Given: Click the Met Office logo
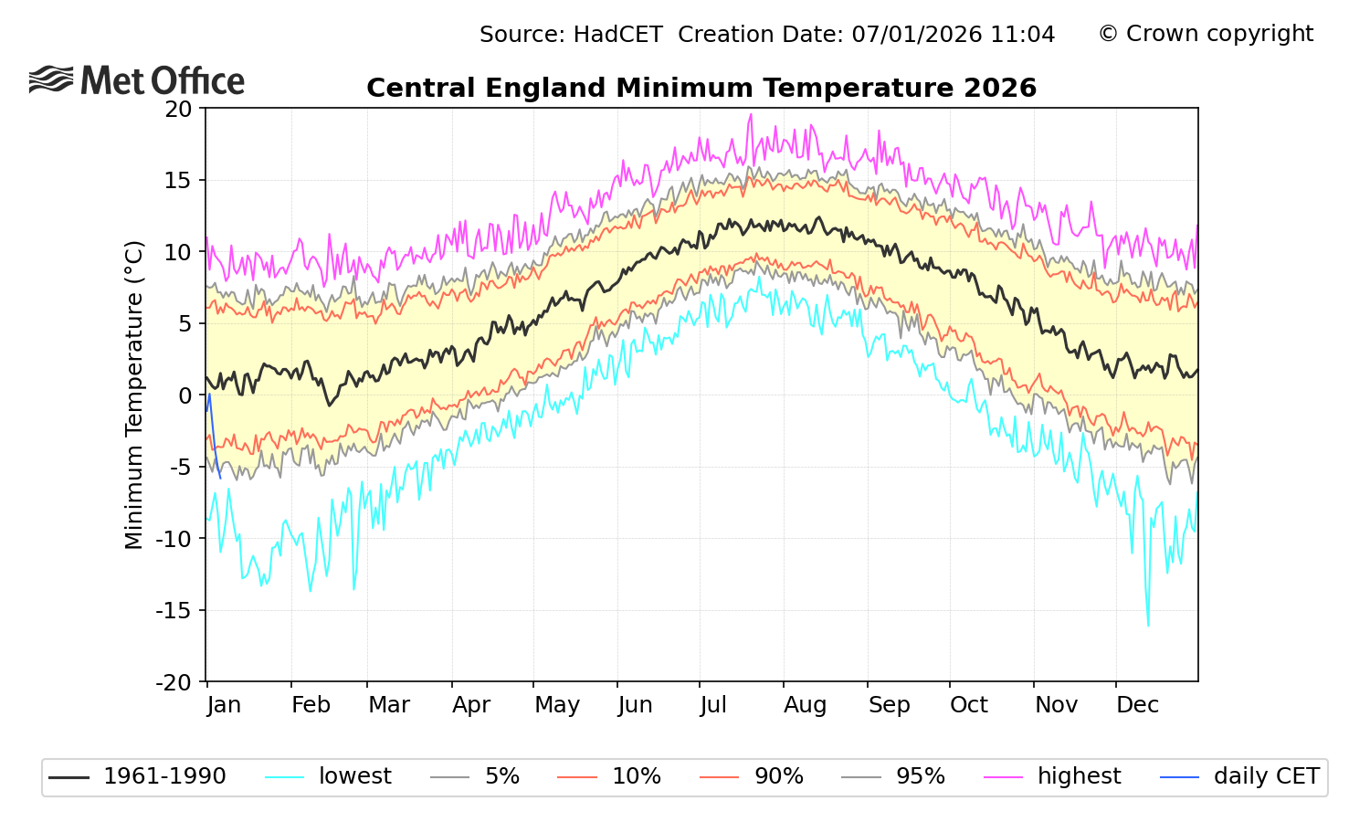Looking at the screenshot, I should click(x=137, y=80).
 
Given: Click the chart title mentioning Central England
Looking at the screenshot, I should click(x=701, y=88).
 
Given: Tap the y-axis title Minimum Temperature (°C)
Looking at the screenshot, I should click(x=134, y=395).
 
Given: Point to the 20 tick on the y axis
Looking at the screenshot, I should click(x=178, y=109).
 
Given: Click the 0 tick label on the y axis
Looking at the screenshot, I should click(x=186, y=395).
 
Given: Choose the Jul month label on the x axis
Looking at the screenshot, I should click(x=712, y=705).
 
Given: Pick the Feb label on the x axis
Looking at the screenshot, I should click(x=311, y=705).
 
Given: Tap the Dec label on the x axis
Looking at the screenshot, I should click(x=1137, y=705).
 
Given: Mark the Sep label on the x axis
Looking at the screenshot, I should click(x=889, y=705).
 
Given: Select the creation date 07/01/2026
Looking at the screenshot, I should click(x=917, y=35).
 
